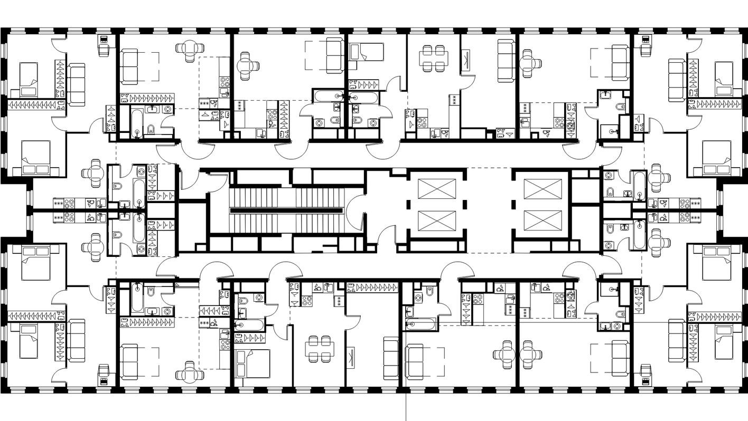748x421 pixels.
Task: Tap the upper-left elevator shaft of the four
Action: tap(436, 188)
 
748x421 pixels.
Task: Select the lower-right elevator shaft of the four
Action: tap(543, 221)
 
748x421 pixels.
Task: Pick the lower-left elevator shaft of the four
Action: tap(436, 221)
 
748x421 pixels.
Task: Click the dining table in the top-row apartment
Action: tap(433, 56)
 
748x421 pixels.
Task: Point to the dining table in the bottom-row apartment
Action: tap(319, 349)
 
